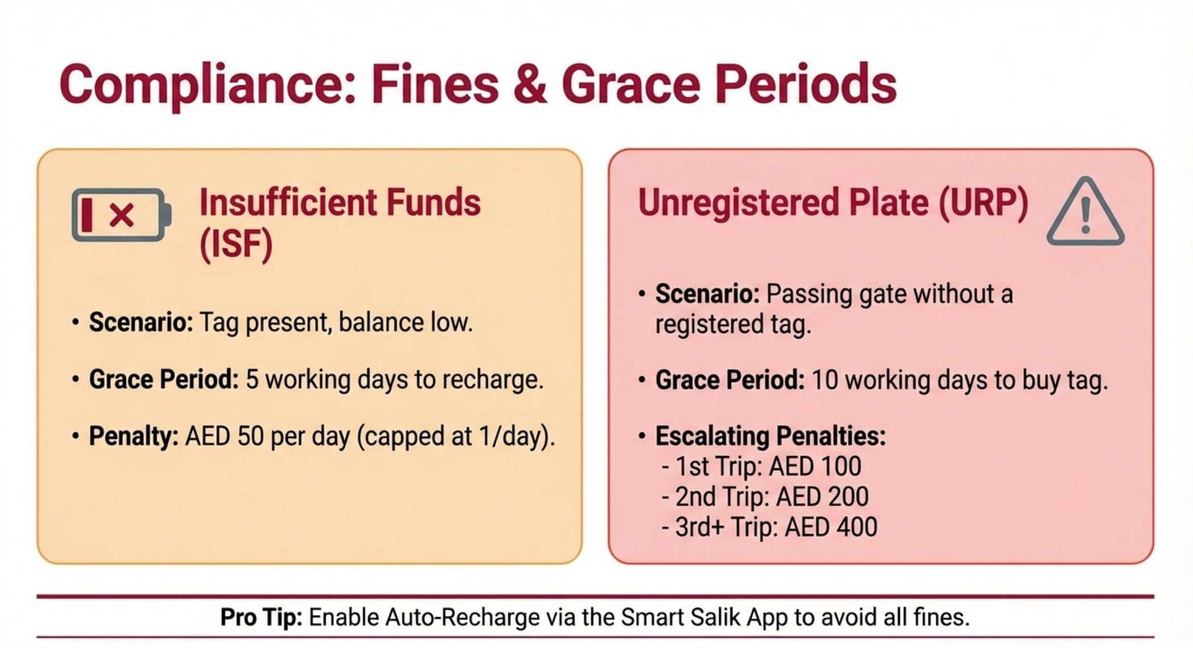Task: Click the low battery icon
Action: tap(121, 215)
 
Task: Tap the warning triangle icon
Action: tap(1085, 213)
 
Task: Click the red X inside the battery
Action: tap(122, 215)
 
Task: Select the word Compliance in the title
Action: tap(207, 85)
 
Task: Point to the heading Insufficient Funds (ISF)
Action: tap(339, 223)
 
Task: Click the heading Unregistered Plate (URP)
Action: tap(833, 203)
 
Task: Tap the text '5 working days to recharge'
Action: tap(394, 380)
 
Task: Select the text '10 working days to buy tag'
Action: tap(959, 380)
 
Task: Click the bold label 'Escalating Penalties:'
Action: tap(770, 436)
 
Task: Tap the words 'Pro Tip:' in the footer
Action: tap(261, 617)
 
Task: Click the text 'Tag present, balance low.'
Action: tap(336, 323)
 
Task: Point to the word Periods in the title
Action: tap(806, 85)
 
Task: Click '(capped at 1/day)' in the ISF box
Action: tap(455, 437)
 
